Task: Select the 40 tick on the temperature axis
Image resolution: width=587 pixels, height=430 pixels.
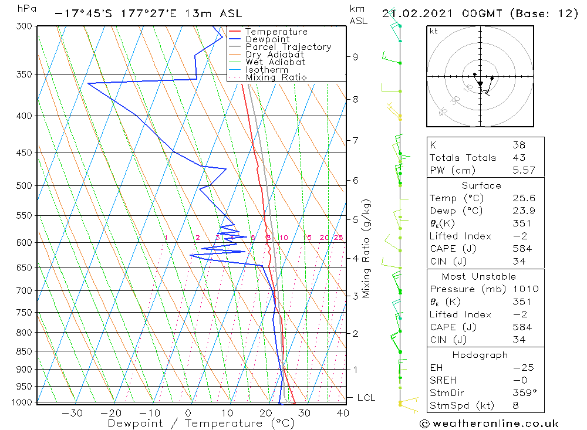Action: (343, 414)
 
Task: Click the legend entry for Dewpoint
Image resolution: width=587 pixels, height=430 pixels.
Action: (267, 39)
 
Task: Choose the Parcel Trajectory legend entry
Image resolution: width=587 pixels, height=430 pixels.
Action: (288, 47)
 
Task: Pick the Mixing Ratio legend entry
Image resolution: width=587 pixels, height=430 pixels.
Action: (276, 77)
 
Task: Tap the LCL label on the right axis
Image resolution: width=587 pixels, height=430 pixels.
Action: (366, 398)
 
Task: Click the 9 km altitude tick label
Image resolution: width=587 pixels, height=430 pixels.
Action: (355, 57)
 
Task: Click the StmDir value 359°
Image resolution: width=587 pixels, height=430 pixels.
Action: (522, 393)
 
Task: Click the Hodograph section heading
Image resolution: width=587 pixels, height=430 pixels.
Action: (480, 355)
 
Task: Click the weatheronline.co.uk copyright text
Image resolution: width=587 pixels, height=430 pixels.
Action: (489, 424)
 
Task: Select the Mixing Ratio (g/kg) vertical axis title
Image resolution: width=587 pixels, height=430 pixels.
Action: (366, 249)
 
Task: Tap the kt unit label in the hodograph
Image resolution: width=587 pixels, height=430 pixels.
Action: (433, 31)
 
